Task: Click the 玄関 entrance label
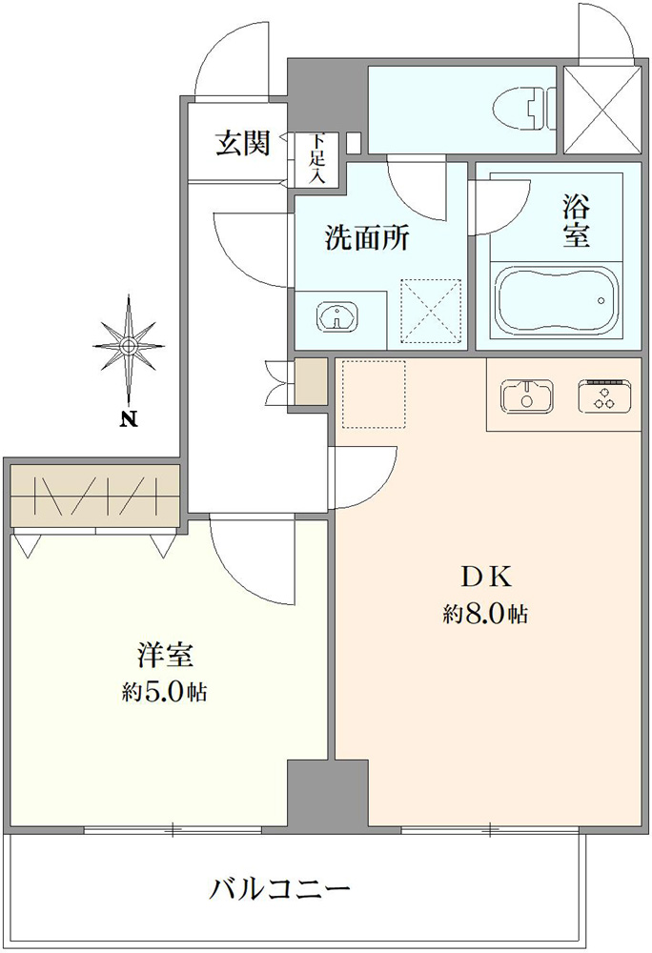pos(242,144)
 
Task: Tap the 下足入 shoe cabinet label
pos(316,158)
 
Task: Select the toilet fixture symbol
pos(524,109)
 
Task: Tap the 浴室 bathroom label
pos(576,224)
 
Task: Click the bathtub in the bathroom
pos(558,300)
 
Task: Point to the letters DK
pos(485,578)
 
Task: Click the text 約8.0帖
pos(485,615)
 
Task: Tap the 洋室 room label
pos(164,657)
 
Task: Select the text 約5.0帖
pos(164,692)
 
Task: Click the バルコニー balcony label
pos(280,890)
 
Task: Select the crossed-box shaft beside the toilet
pos(602,109)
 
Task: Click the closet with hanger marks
pos(95,496)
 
